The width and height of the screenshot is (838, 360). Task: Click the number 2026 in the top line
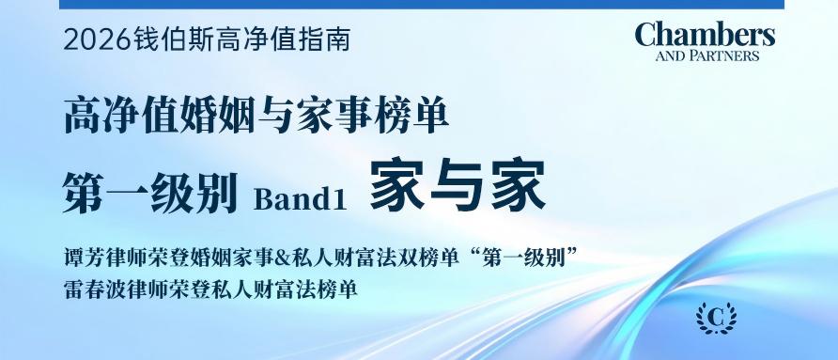pyautogui.click(x=97, y=40)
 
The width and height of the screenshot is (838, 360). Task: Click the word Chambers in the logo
pyautogui.click(x=705, y=36)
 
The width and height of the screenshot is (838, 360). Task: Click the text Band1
pyautogui.click(x=301, y=199)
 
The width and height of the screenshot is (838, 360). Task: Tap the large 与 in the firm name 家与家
pyautogui.click(x=458, y=184)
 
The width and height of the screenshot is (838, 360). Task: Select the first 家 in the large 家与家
pyautogui.click(x=396, y=184)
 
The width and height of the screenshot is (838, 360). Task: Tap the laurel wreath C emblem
pyautogui.click(x=716, y=319)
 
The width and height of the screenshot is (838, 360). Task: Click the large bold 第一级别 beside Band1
pyautogui.click(x=150, y=193)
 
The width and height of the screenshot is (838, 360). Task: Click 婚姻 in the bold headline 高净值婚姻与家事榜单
pyautogui.click(x=224, y=117)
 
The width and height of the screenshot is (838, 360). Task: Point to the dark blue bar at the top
pyautogui.click(x=422, y=5)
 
